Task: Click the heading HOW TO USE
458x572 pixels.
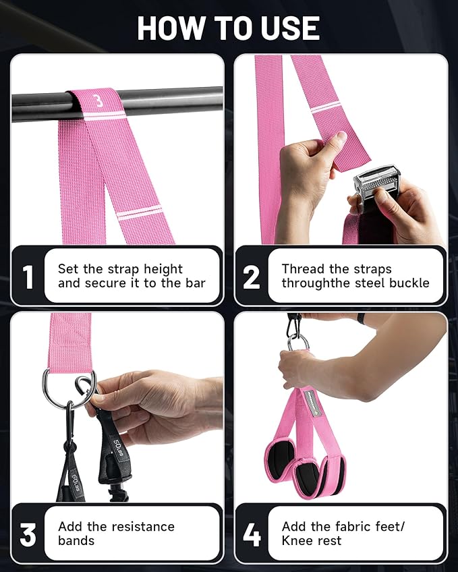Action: pos(229,28)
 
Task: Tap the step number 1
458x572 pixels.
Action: pos(28,277)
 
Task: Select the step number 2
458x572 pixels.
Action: pos(252,277)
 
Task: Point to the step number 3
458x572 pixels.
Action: pos(28,534)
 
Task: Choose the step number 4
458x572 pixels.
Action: pos(252,534)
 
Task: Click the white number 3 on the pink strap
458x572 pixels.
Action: pos(98,101)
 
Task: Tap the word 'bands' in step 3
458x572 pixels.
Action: pos(76,540)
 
